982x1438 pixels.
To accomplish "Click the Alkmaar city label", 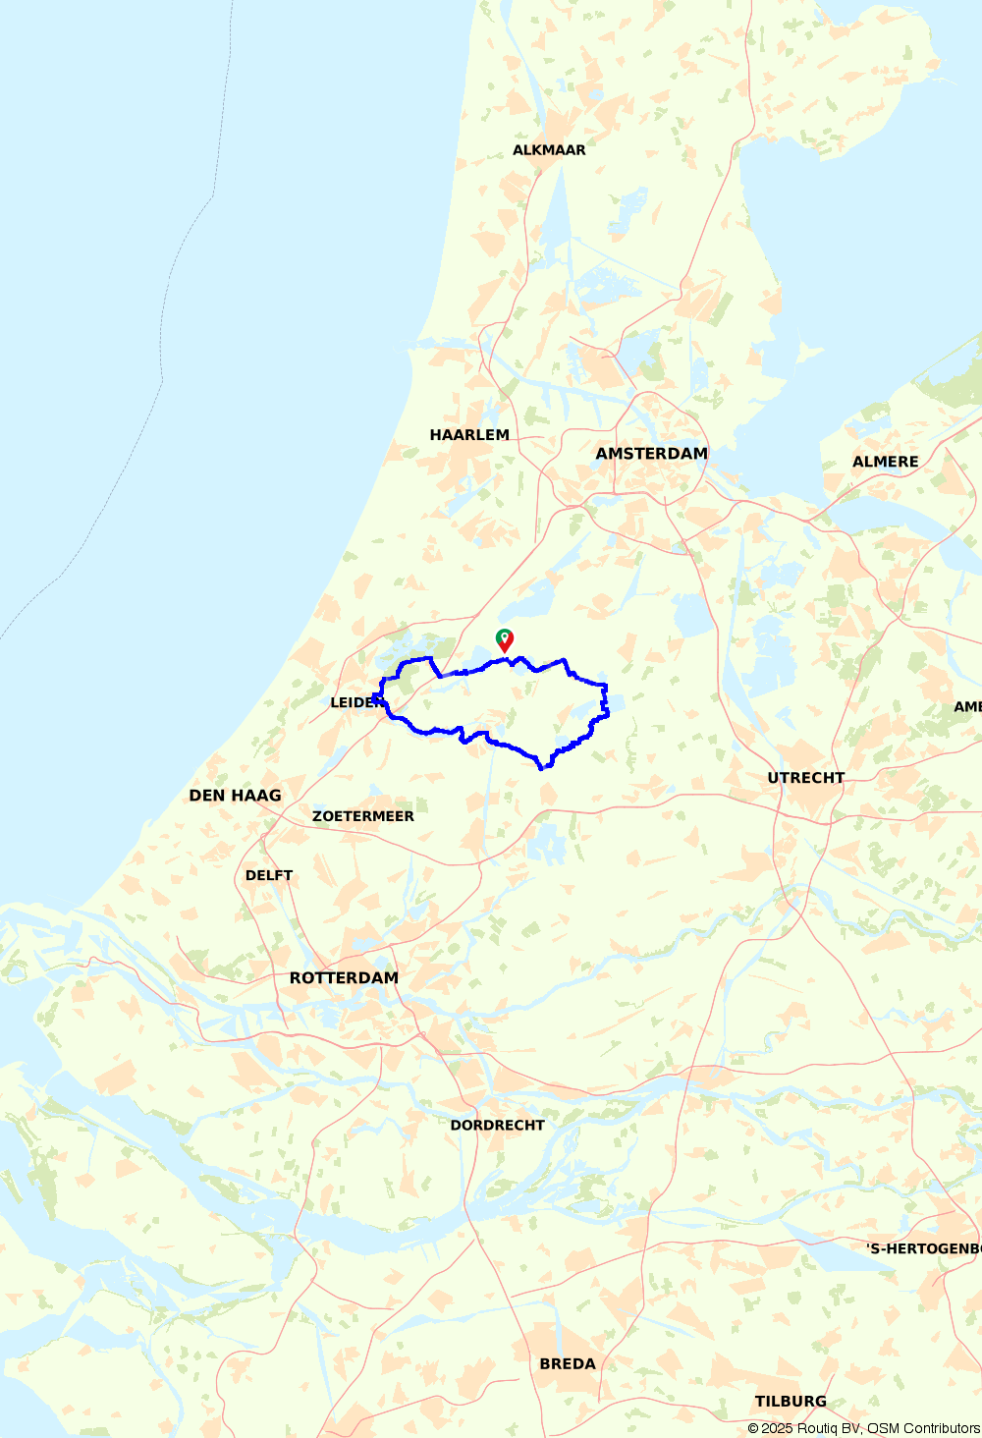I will click(x=549, y=150).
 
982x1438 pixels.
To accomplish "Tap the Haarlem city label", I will click(x=469, y=435).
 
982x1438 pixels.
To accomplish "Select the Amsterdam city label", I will click(x=651, y=454).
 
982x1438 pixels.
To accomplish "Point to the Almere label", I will click(x=885, y=462).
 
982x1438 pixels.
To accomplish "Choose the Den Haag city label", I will click(x=235, y=796).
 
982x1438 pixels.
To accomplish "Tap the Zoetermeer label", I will click(x=363, y=816).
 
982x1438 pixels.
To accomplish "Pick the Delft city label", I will click(x=269, y=875).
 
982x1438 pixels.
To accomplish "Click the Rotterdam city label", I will click(x=344, y=978).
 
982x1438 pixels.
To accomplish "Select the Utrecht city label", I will click(x=806, y=778).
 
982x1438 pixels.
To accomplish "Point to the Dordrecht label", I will click(x=497, y=1126).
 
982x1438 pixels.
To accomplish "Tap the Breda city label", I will click(x=568, y=1364).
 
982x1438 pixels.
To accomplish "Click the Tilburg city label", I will click(x=791, y=1402).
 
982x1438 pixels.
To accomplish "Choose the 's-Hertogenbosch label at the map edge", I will click(x=923, y=1248).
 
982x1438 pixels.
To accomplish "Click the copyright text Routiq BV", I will click(x=828, y=1428).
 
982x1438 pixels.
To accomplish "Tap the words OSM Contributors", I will click(x=923, y=1428).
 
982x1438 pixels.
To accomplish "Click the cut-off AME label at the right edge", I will click(x=967, y=707).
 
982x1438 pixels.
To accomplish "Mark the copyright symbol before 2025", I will click(x=753, y=1428).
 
